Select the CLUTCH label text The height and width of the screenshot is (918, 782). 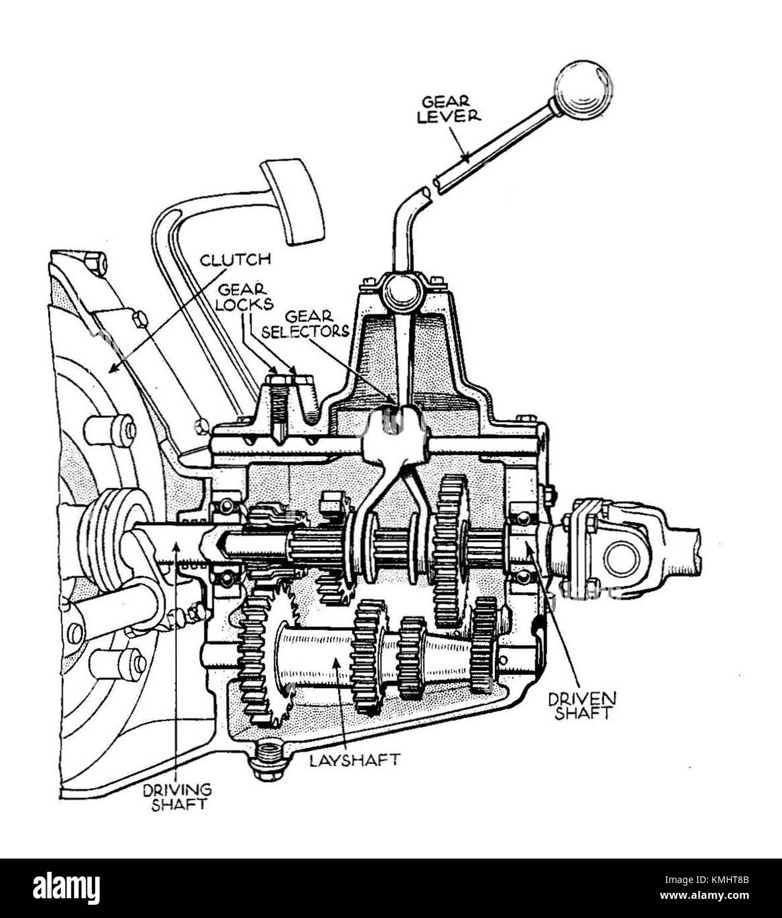pyautogui.click(x=235, y=259)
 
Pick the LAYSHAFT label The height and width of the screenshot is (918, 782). pyautogui.click(x=355, y=759)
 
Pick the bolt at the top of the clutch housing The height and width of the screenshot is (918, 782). pyautogui.click(x=96, y=264)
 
